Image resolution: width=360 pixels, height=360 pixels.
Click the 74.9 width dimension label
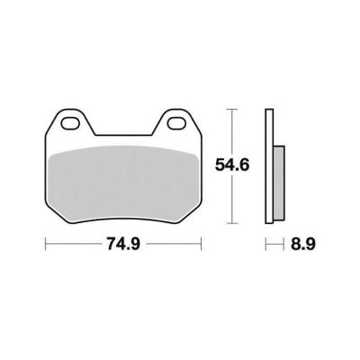click(123, 244)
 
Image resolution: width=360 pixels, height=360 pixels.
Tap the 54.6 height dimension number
click(232, 165)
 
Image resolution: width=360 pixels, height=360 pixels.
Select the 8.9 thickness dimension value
click(303, 244)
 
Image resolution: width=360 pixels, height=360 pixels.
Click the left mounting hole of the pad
click(70, 123)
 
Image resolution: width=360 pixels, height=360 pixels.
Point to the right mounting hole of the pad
click(177, 123)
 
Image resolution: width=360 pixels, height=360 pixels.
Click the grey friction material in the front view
click(123, 184)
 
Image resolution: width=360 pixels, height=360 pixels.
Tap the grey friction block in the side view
click(279, 183)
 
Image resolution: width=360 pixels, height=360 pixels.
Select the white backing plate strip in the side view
click(269, 166)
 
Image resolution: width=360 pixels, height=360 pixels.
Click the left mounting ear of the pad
click(70, 121)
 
